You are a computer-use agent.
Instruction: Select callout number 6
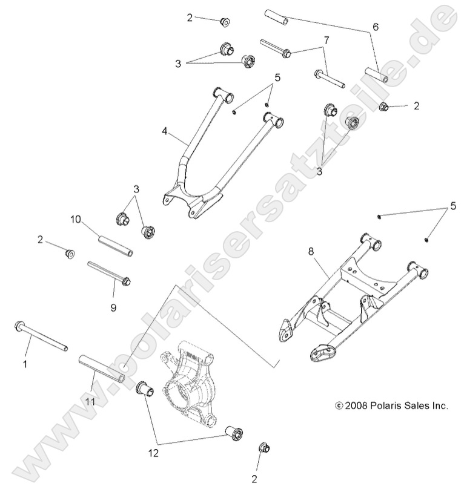point(375,27)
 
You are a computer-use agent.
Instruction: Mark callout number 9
point(113,307)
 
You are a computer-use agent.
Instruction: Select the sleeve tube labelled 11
point(102,370)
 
